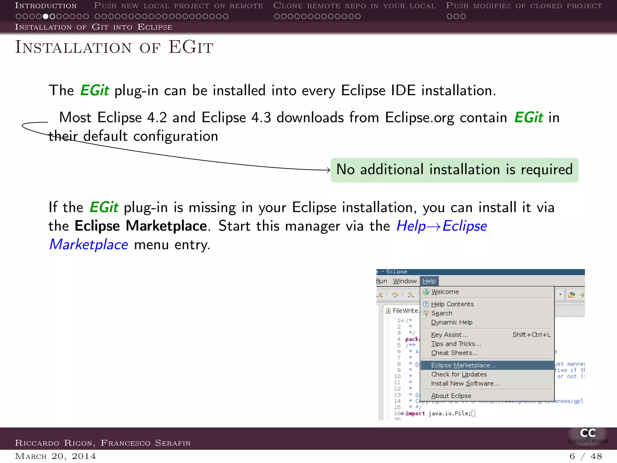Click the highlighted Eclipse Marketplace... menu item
coord(463,365)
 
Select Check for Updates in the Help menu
coord(459,374)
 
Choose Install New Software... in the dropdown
coord(465,383)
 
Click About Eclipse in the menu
coord(451,396)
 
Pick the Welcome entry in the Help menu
coord(445,292)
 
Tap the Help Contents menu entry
coord(452,304)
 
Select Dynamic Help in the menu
coord(452,322)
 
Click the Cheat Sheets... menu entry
coord(454,353)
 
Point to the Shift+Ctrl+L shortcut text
coord(531,335)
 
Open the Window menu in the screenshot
coord(405,281)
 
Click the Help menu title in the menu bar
coord(429,281)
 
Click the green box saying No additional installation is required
coord(454,170)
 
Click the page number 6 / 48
coord(585,456)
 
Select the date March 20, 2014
coord(55,456)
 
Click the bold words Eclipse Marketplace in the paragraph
coord(141,226)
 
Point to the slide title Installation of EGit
coord(114,47)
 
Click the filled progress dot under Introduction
coord(45,16)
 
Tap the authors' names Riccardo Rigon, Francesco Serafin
coord(103,443)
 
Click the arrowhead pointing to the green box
coord(329,170)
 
